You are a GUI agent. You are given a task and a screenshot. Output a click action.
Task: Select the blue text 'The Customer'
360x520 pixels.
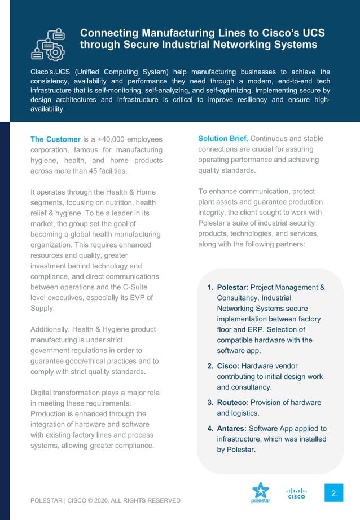[x=55, y=139]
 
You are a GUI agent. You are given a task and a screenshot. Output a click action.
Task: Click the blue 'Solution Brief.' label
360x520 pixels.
[x=223, y=139]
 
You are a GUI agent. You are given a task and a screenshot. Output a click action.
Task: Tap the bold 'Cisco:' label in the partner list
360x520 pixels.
[x=229, y=366]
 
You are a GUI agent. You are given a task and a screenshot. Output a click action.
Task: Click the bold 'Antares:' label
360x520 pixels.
[x=232, y=428]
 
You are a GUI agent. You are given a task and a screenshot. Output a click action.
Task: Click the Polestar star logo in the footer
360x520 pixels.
[x=260, y=492]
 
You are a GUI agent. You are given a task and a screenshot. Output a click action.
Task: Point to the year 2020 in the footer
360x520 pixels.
[x=108, y=500]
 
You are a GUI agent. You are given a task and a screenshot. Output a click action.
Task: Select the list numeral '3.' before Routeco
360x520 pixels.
[x=210, y=402]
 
